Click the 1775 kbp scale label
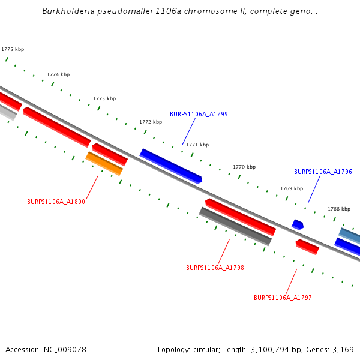coord(13,50)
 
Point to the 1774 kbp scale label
coord(58,74)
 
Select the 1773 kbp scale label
coord(104,98)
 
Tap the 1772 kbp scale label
coord(151,122)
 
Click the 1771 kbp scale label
coord(197,145)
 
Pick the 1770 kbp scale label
coord(244,167)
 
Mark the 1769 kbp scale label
coord(292,188)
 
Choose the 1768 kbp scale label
coord(339,209)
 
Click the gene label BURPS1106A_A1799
coord(199,114)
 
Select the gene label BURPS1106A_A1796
coord(323,172)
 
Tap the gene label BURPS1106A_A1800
coord(56,202)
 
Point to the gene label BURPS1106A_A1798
coord(215,268)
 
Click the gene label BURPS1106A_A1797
coord(283,298)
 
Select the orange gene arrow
coord(104,163)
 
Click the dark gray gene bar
coord(235,226)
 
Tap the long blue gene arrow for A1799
coord(171,166)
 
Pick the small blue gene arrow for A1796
coord(298,224)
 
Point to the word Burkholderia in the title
coord(66,11)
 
